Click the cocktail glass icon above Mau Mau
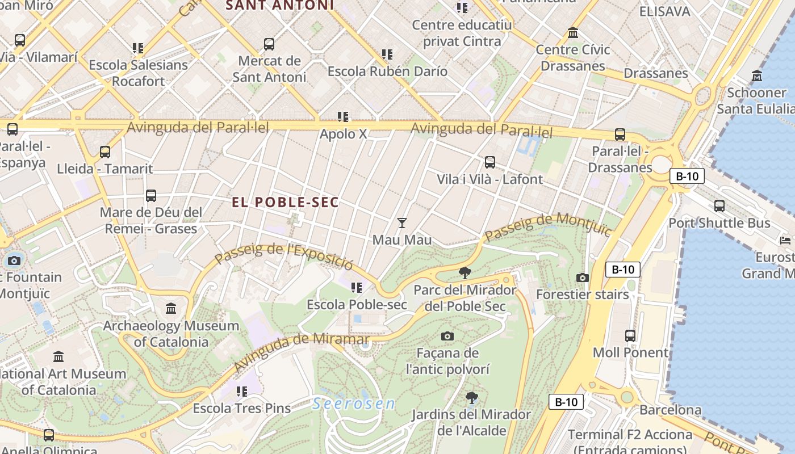pyautogui.click(x=402, y=222)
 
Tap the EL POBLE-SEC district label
pyautogui.click(x=285, y=202)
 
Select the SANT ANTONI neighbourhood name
pyautogui.click(x=280, y=6)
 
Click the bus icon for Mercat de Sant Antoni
pyautogui.click(x=269, y=44)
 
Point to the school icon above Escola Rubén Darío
pyautogui.click(x=387, y=54)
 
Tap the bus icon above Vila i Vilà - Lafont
pyautogui.click(x=490, y=162)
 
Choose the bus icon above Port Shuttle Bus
pyautogui.click(x=719, y=206)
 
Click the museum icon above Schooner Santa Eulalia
pyautogui.click(x=757, y=75)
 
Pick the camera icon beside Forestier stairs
pyautogui.click(x=582, y=278)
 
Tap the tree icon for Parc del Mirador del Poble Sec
pyautogui.click(x=465, y=273)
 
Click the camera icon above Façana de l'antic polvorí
pyautogui.click(x=447, y=336)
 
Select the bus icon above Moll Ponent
pyautogui.click(x=630, y=335)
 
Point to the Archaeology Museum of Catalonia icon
pyautogui.click(x=171, y=309)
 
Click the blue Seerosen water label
pyautogui.click(x=353, y=403)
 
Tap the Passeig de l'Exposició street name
pyautogui.click(x=284, y=257)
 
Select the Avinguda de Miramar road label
pyautogui.click(x=301, y=352)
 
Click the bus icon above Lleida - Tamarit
pyautogui.click(x=105, y=152)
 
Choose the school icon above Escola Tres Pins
pyautogui.click(x=242, y=391)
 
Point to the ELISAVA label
pyautogui.click(x=664, y=11)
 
